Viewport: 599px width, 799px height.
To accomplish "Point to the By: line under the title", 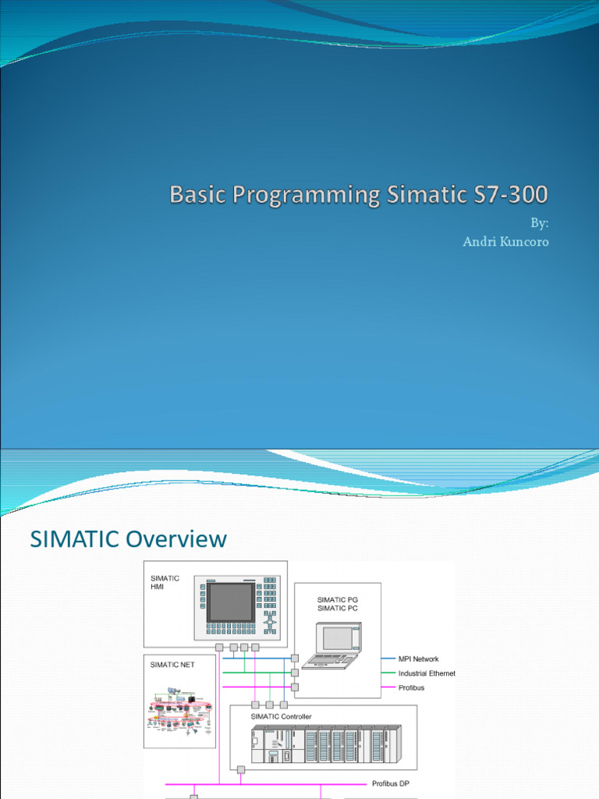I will [540, 223].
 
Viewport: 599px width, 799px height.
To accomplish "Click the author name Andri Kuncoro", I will [505, 242].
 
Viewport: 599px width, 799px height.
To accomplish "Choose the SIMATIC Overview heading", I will [128, 538].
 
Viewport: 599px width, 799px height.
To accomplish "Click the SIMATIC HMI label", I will [165, 583].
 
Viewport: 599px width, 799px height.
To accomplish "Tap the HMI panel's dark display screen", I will [231, 602].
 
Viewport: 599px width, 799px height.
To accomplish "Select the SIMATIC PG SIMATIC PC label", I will [337, 603].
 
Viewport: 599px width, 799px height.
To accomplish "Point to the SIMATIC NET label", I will [173, 665].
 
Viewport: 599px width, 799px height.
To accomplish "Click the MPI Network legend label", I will [418, 659].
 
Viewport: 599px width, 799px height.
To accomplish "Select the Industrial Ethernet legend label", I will [427, 673].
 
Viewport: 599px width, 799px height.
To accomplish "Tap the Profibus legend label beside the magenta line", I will [411, 687].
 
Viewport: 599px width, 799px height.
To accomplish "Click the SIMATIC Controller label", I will [281, 716].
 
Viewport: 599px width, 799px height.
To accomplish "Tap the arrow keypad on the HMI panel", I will [270, 625].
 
